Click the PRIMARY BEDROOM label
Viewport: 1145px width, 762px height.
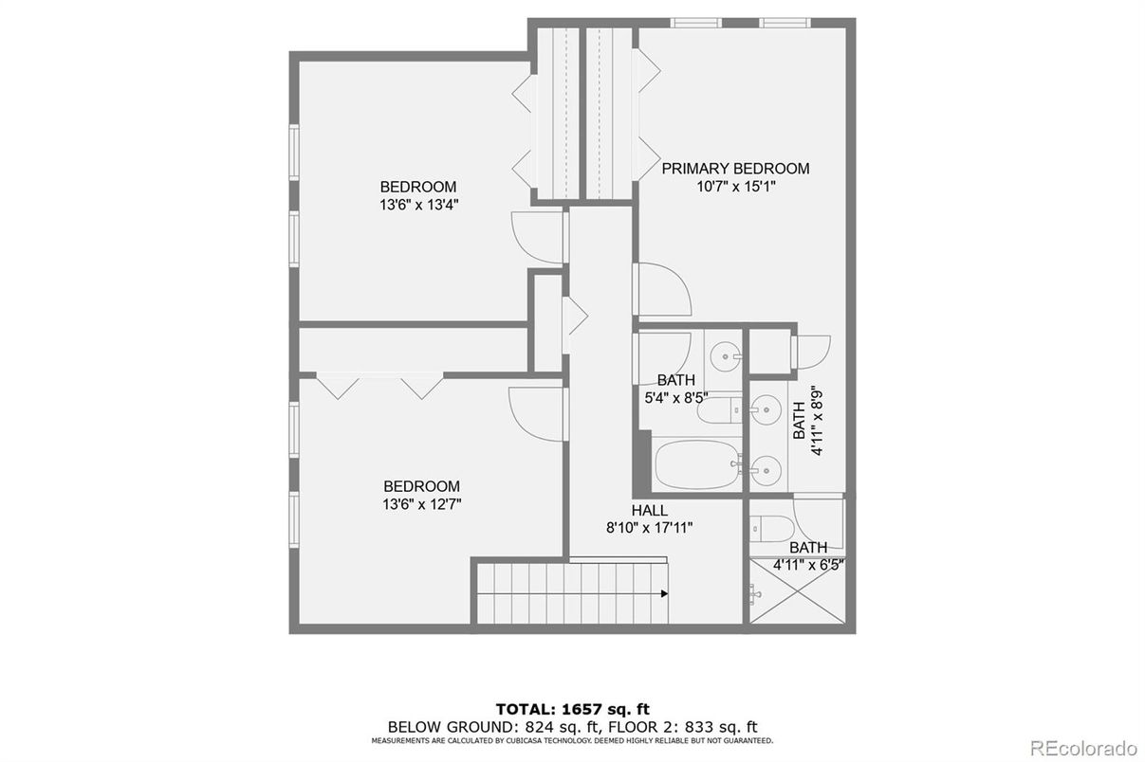[735, 169]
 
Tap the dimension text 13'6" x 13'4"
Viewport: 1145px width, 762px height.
[418, 204]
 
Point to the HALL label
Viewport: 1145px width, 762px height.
[650, 511]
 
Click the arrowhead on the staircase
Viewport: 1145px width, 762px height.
[664, 593]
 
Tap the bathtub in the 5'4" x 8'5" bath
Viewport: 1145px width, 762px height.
[697, 464]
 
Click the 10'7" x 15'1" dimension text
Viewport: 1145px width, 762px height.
[736, 187]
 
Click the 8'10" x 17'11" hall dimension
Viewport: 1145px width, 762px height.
[650, 528]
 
